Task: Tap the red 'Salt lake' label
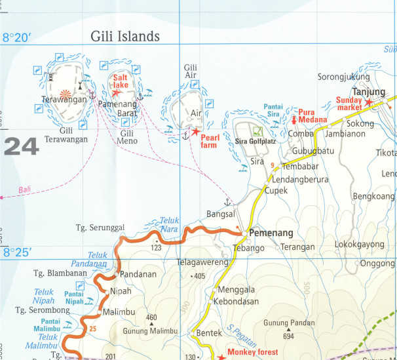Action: pos(121,81)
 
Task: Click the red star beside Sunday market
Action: pos(369,103)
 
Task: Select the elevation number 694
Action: pos(288,336)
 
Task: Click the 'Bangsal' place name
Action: pos(220,214)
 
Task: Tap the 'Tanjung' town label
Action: pos(368,91)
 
